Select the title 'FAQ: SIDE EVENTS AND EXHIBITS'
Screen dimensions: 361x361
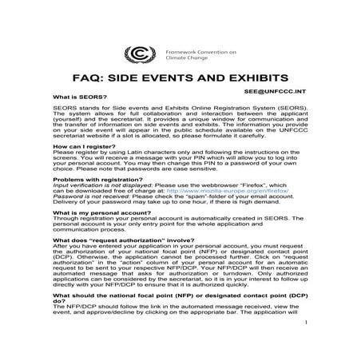point(180,80)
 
